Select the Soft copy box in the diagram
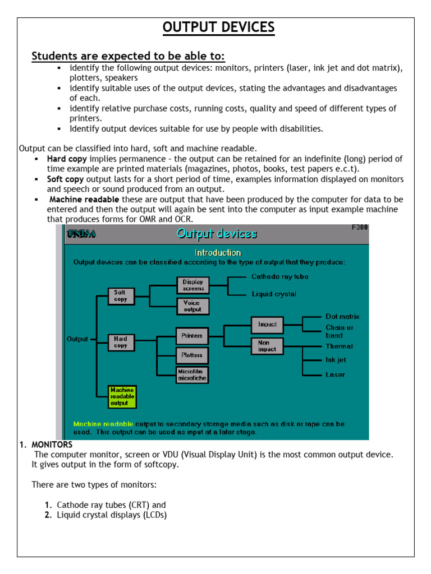click(121, 296)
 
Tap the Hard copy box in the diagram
click(121, 342)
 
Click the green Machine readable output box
click(122, 396)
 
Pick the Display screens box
click(192, 285)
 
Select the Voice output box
click(192, 306)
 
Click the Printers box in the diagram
click(192, 336)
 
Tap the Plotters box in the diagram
click(192, 355)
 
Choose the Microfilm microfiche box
click(192, 375)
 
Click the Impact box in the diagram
click(267, 324)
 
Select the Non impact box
click(267, 346)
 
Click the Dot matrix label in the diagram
click(342, 317)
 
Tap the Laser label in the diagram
click(335, 374)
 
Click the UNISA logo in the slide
click(81, 234)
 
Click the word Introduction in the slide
click(218, 252)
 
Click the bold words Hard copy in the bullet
click(67, 159)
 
